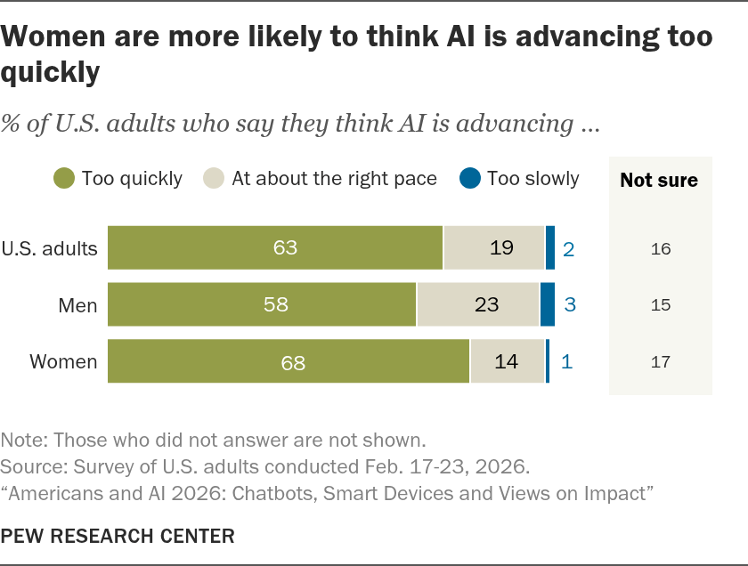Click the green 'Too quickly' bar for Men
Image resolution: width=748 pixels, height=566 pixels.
(262, 304)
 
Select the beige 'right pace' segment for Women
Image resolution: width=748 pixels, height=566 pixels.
(508, 361)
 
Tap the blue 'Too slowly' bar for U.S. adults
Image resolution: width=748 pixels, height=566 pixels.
(550, 247)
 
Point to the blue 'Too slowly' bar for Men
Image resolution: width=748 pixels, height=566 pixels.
(548, 304)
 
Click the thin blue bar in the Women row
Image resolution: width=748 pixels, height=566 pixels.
(548, 361)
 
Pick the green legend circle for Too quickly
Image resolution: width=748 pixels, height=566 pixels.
(64, 178)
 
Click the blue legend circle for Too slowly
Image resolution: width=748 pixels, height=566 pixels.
(470, 178)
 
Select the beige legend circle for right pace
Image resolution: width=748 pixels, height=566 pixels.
(213, 178)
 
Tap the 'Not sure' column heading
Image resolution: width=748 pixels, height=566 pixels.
(659, 181)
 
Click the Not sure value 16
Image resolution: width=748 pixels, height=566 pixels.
(661, 249)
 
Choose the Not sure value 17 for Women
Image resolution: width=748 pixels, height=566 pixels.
(661, 362)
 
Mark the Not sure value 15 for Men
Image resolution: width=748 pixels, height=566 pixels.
(661, 305)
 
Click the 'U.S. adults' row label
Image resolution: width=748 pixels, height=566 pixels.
(49, 248)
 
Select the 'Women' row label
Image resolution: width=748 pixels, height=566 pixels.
(63, 361)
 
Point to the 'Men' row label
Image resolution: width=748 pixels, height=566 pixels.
(77, 305)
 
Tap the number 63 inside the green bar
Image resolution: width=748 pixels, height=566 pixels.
(285, 247)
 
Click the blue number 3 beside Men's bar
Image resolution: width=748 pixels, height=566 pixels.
(570, 304)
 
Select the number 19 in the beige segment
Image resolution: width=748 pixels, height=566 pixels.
(502, 247)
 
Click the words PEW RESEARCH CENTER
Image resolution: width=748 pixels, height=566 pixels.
(118, 536)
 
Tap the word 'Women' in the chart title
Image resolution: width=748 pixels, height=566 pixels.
(53, 36)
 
